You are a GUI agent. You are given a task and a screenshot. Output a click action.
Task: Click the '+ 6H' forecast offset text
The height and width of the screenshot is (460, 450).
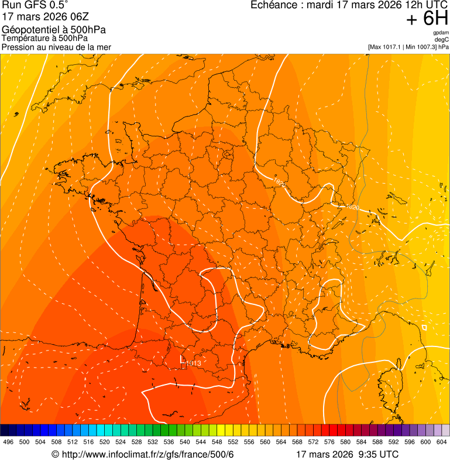(427, 19)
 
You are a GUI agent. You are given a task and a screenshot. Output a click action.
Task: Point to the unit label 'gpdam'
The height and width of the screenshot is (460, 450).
(441, 33)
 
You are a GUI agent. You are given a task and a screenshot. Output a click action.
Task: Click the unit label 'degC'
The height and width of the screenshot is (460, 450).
(442, 39)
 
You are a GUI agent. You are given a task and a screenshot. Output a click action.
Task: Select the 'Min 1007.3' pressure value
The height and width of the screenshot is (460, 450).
(421, 46)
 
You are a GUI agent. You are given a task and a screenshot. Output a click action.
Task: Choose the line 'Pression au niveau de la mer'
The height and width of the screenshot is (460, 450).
(56, 47)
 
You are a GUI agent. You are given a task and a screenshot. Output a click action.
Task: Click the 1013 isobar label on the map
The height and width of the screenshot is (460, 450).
(194, 363)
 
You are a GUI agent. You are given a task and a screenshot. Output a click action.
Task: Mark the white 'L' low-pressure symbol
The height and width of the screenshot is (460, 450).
(182, 359)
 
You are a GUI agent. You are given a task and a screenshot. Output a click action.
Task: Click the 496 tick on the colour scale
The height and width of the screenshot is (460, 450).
(8, 442)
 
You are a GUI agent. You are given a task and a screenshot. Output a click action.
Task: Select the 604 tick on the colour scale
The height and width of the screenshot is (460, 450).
(442, 442)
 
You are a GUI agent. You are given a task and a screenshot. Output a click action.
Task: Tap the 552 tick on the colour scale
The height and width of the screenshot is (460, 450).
(233, 442)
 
